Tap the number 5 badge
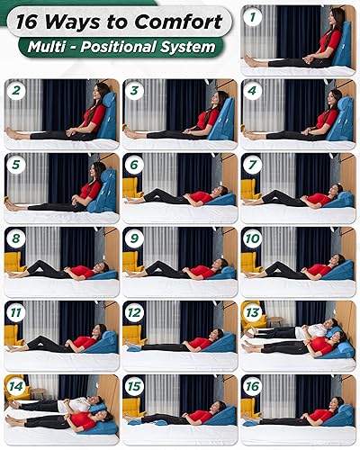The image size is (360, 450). coord(15,163)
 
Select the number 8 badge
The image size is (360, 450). coord(15,238)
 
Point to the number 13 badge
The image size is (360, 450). coord(253,312)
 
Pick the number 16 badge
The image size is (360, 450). coord(253,387)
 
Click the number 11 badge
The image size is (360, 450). coord(15,312)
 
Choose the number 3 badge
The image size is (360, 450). coord(134,89)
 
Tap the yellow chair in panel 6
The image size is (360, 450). coord(131,187)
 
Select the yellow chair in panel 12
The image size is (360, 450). coord(131,335)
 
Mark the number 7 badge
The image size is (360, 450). coord(253,163)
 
